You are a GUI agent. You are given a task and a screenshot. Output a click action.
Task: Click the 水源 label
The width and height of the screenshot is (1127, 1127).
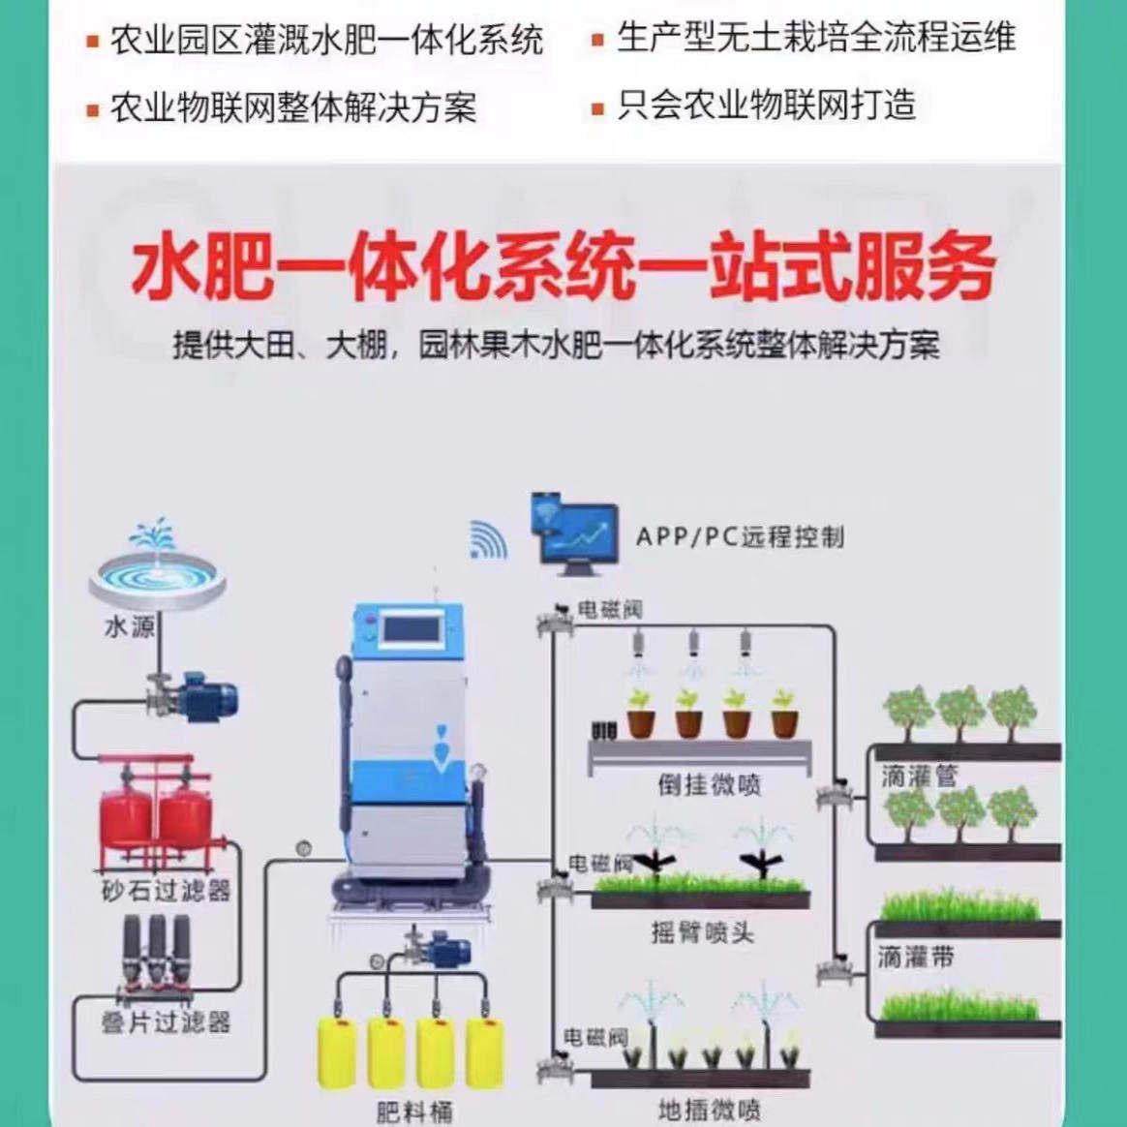(129, 627)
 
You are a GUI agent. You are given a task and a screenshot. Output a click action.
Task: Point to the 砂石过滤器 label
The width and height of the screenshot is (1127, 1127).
(166, 889)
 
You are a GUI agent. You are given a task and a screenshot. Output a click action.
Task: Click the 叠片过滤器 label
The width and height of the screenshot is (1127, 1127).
(166, 1021)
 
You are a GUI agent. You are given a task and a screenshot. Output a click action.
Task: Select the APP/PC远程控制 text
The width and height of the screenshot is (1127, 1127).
(740, 536)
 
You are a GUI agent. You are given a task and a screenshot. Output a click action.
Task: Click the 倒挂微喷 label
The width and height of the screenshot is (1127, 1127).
(710, 784)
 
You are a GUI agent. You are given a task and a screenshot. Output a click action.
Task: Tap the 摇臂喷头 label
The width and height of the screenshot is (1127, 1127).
(702, 932)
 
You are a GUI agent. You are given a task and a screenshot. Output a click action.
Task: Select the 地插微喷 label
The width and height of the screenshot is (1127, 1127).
(710, 1110)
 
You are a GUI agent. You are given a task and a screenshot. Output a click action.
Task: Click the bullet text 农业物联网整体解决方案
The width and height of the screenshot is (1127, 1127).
(292, 107)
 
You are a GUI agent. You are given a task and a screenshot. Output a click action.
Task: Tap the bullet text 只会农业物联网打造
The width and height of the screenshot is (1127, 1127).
(765, 105)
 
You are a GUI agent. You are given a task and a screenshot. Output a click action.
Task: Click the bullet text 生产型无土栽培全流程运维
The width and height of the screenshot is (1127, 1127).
(815, 38)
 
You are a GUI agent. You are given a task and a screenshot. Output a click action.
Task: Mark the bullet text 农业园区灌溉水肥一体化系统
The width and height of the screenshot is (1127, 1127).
(325, 41)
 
